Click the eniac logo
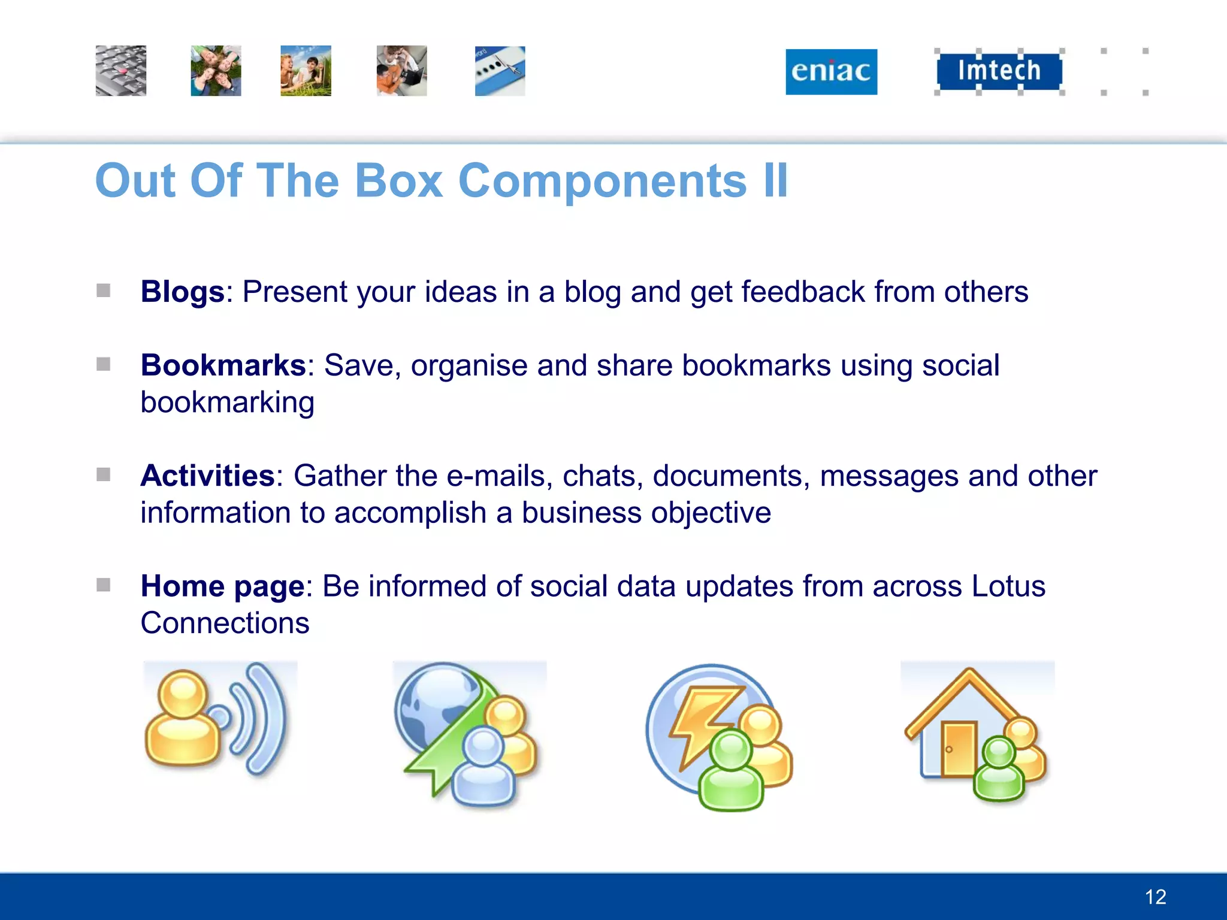click(x=831, y=71)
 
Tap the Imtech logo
click(x=999, y=71)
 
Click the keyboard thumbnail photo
click(x=120, y=71)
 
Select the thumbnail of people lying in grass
click(x=216, y=71)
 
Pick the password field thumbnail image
click(x=500, y=71)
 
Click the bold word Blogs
click(x=182, y=292)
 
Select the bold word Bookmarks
click(x=223, y=365)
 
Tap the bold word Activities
click(x=207, y=476)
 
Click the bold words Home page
click(x=222, y=586)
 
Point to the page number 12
click(x=1155, y=897)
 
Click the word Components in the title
click(x=602, y=181)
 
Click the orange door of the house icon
click(x=957, y=749)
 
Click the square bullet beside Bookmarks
click(x=103, y=364)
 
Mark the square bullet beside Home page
click(x=103, y=585)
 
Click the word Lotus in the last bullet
click(x=1008, y=586)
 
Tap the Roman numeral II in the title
click(x=775, y=181)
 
